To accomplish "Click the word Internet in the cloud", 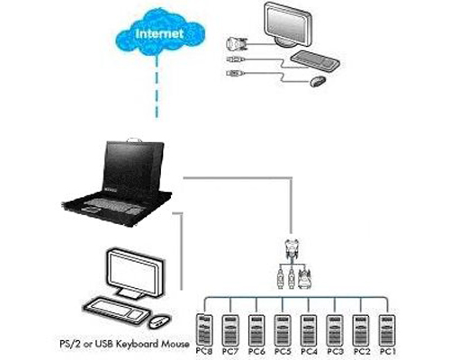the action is (159, 33).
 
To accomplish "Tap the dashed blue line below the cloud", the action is (157, 87).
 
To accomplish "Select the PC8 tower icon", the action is (204, 329).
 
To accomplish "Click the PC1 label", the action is (388, 351).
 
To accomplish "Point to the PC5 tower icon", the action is (283, 330).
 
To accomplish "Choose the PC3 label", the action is (335, 351).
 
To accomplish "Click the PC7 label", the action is (230, 351).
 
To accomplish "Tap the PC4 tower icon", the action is (309, 330).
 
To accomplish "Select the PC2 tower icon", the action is (361, 330).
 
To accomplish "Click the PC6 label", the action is (256, 351).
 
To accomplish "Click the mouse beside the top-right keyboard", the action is (318, 81).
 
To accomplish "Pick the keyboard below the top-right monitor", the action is (315, 61).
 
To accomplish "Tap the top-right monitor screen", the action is (287, 24).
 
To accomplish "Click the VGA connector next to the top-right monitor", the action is (237, 44).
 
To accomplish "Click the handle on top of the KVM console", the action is (134, 139).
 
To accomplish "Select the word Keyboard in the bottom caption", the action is (138, 344).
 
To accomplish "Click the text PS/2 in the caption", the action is (70, 344).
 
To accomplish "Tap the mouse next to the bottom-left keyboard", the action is (158, 321).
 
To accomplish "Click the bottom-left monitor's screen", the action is (132, 274).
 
